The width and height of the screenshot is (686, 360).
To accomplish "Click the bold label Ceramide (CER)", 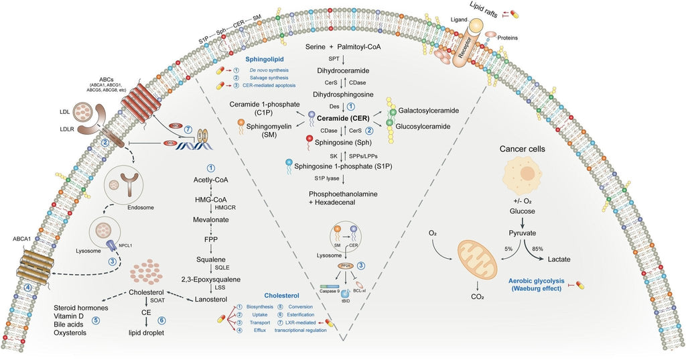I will [x=344, y=119].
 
